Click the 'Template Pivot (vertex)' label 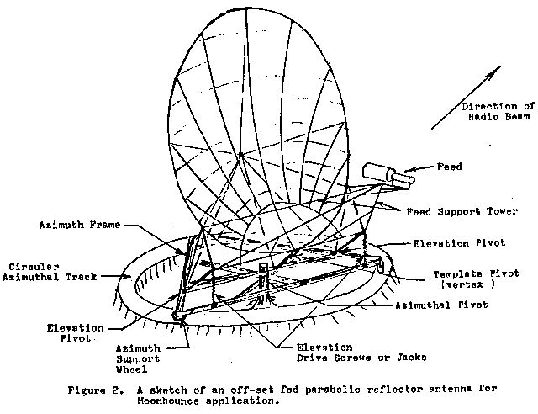[476, 279]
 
